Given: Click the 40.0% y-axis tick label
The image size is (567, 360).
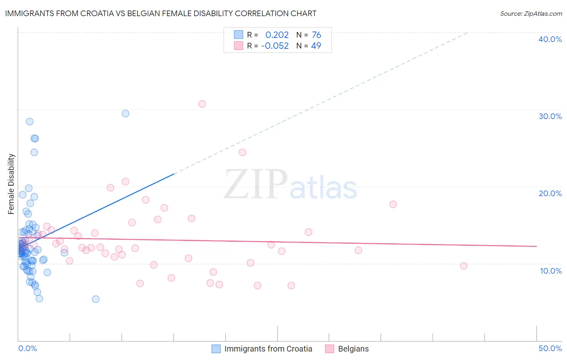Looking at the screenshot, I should [x=550, y=39].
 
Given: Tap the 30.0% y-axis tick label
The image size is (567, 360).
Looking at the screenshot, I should [x=550, y=116].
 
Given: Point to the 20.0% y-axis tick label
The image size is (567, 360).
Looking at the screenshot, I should [x=550, y=193].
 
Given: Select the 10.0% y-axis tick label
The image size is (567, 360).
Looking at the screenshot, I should [x=551, y=271].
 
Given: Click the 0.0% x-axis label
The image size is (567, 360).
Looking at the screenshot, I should [x=27, y=348].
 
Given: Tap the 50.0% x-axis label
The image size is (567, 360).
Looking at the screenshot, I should [x=550, y=348].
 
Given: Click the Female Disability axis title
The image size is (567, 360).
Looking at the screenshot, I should [x=11, y=184].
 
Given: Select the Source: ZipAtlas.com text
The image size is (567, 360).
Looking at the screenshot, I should [x=531, y=13].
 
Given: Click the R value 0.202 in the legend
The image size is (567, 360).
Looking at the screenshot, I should [x=277, y=35].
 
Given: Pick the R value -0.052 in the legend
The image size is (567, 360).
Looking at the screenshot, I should [x=275, y=46].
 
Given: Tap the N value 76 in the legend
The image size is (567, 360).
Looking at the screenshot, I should [x=316, y=35].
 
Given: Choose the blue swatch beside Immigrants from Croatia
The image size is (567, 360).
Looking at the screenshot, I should [x=216, y=349].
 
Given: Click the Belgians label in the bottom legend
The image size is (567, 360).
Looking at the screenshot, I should [x=353, y=349].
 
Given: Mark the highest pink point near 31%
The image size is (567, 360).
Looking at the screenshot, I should [x=202, y=104].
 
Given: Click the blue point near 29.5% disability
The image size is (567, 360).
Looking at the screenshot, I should [x=125, y=113].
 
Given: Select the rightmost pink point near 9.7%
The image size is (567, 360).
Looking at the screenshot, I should [x=464, y=266].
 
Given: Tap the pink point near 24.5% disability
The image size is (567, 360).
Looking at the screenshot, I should [x=242, y=152].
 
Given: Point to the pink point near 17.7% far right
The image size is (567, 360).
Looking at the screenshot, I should [x=393, y=204].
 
